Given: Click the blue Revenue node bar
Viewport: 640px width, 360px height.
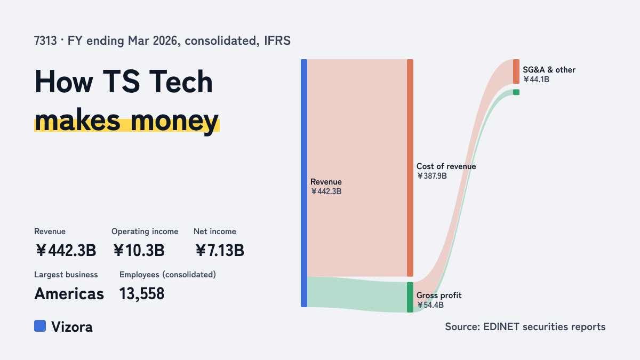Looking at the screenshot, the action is tap(304, 183).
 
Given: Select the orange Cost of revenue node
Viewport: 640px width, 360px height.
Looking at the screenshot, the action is tap(410, 167).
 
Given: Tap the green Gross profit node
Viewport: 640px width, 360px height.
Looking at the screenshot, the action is tap(410, 297).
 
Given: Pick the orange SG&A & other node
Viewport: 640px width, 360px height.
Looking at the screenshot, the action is tap(516, 71).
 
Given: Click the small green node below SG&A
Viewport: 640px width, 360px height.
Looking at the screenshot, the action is tap(516, 92).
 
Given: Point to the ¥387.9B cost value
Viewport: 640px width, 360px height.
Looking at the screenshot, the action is tap(431, 175).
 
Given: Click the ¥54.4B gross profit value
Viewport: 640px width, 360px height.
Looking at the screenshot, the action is tap(430, 305).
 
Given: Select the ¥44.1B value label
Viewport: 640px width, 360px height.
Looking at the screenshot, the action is tap(537, 79).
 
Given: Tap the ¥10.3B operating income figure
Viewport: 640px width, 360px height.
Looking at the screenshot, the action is tap(139, 250).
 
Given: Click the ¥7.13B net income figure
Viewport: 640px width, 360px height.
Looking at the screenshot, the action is tap(220, 250).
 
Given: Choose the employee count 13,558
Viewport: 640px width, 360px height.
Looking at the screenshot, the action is tap(142, 293).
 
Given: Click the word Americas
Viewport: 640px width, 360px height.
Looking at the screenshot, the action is tap(69, 293).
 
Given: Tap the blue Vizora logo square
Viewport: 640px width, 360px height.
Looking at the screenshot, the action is tap(40, 326).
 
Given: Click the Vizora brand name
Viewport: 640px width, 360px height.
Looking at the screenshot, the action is tap(71, 326).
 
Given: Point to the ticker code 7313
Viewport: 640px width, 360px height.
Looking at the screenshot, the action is tap(45, 41).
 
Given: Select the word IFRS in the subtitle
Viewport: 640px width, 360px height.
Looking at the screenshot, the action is tap(277, 41).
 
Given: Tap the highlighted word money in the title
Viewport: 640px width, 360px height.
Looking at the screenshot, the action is tap(174, 121).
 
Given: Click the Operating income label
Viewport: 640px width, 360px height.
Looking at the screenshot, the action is tap(145, 231).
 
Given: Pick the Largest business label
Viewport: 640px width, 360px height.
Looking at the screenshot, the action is tap(66, 275).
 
